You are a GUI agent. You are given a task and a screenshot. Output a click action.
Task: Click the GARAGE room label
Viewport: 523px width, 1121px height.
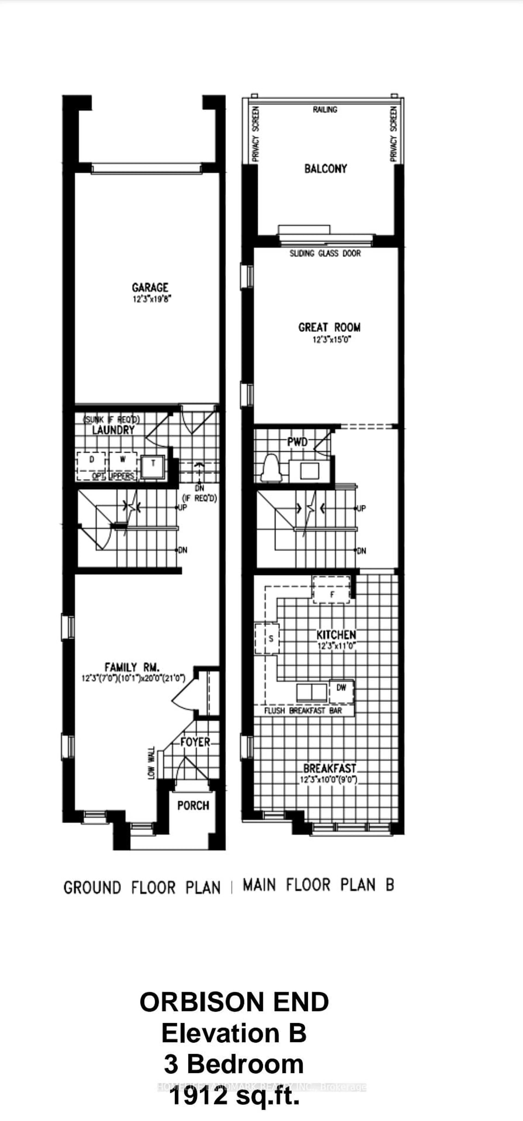tap(150, 288)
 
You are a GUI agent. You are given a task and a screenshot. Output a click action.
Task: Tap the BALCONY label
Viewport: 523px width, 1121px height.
tap(325, 168)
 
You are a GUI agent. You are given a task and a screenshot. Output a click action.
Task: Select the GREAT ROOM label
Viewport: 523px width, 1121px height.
tap(329, 327)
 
